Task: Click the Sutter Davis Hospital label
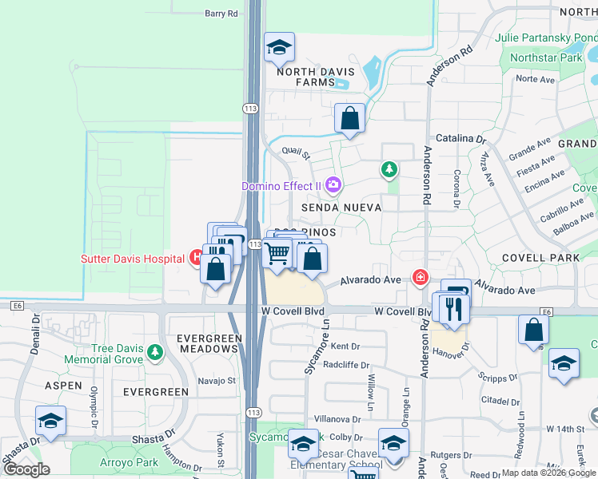(x=133, y=259)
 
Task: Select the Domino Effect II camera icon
(x=333, y=185)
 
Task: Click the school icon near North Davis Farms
(x=279, y=49)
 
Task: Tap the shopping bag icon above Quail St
(x=349, y=120)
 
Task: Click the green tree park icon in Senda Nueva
(x=389, y=169)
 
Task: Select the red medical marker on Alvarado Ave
(x=419, y=277)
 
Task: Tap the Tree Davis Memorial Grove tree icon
(x=156, y=352)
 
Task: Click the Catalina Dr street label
(x=460, y=138)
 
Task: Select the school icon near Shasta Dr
(x=50, y=422)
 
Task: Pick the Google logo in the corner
(x=26, y=469)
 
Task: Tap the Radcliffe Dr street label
(x=346, y=366)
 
